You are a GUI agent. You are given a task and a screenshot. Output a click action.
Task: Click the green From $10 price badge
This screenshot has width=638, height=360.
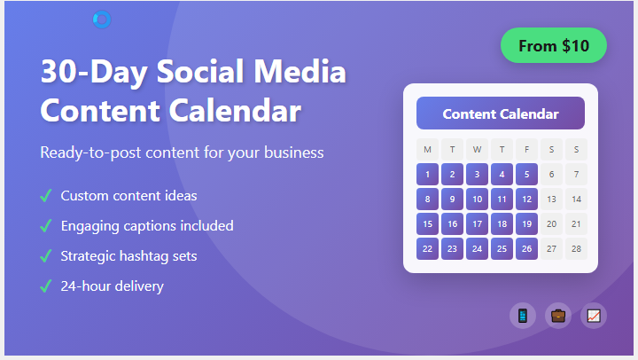[x=553, y=46]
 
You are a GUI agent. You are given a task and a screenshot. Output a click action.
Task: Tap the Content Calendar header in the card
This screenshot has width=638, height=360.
[x=500, y=113]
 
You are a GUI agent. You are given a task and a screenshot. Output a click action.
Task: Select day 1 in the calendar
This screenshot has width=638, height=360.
[x=427, y=174]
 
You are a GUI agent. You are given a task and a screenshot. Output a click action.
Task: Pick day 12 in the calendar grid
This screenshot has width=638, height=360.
[x=526, y=199]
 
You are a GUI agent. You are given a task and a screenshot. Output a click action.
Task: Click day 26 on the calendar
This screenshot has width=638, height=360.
[x=526, y=248]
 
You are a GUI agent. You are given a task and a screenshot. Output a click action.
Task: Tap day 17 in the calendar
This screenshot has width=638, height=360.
[x=477, y=223]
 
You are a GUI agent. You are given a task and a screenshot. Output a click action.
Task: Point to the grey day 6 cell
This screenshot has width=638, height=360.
[x=551, y=174]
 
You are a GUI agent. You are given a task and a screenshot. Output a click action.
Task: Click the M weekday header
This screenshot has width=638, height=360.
[x=427, y=149]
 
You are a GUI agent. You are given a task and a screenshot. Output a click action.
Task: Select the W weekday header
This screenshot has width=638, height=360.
[x=477, y=149]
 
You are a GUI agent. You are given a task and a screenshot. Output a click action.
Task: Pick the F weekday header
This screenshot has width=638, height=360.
[x=526, y=149]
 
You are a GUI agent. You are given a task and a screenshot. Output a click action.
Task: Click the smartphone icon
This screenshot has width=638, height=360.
[x=523, y=316]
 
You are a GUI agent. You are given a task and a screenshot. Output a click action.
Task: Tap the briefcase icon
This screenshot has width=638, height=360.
[x=558, y=316]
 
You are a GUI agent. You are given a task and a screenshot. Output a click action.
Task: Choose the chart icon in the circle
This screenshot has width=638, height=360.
[x=594, y=316]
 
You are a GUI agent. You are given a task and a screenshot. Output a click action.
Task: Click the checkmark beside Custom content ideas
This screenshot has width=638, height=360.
[x=46, y=196]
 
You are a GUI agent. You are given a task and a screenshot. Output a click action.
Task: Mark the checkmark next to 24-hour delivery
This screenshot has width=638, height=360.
[x=46, y=286]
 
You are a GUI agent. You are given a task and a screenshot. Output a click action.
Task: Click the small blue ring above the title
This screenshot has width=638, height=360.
[x=102, y=20]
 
